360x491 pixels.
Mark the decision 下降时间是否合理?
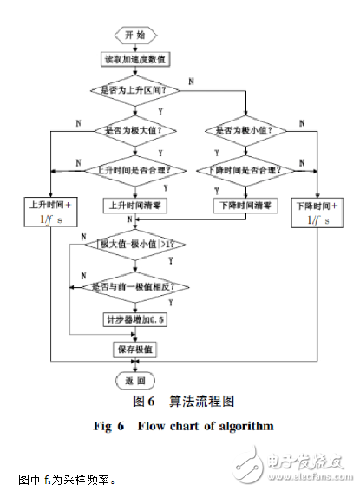click(245, 169)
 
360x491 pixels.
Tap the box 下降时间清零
click(245, 206)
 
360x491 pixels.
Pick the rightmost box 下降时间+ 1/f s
click(316, 213)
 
